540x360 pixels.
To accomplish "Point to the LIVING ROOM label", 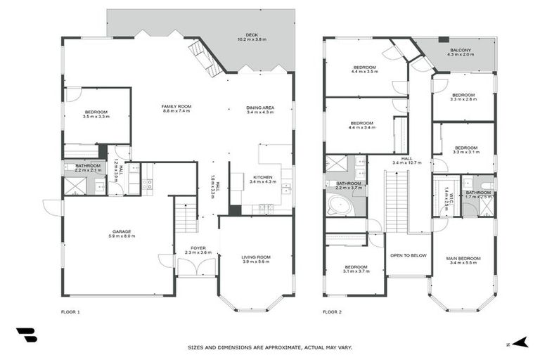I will [255, 259].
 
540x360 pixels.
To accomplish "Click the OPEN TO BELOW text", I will [408, 256].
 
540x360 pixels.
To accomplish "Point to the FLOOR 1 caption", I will [71, 310].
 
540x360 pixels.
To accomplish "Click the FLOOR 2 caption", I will [333, 310].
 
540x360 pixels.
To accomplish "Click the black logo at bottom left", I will [26, 335].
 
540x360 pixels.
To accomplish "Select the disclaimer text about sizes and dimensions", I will [270, 347].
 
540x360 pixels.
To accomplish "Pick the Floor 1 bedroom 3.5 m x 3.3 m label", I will [96, 115].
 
